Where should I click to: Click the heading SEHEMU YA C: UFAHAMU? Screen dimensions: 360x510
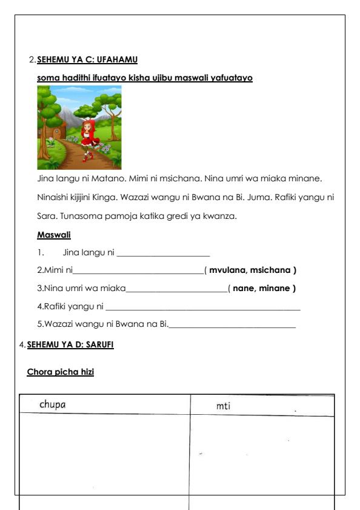pos(87,59)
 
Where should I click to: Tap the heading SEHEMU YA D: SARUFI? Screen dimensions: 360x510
pos(70,344)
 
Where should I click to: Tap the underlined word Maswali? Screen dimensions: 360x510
pos(54,234)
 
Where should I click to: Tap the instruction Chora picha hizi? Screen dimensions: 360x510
pos(61,372)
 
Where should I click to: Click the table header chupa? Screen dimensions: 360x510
pos(53,404)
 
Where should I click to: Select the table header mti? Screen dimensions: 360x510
pos(223,406)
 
